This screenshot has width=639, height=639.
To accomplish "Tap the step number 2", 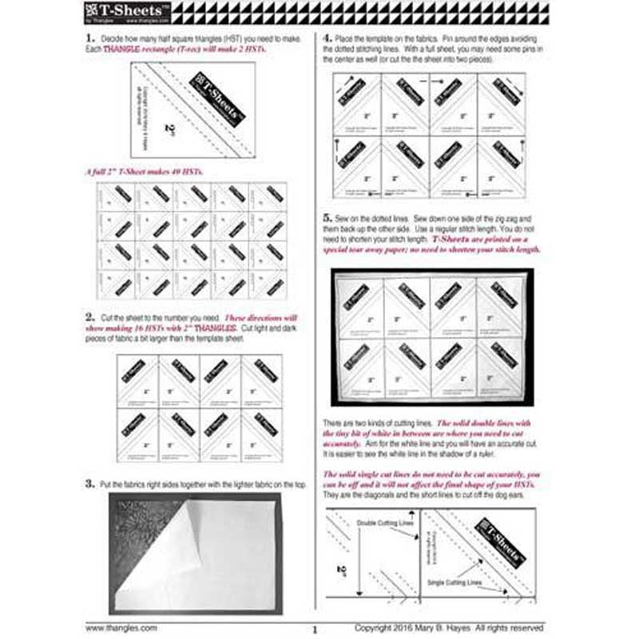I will coord(89,319).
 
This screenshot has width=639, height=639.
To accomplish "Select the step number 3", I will coord(89,483).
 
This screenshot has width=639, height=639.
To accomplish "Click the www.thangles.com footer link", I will coord(121,628).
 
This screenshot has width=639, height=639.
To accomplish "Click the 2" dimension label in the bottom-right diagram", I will coord(340,570).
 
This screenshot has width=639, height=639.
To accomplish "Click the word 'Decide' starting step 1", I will coord(113,38).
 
